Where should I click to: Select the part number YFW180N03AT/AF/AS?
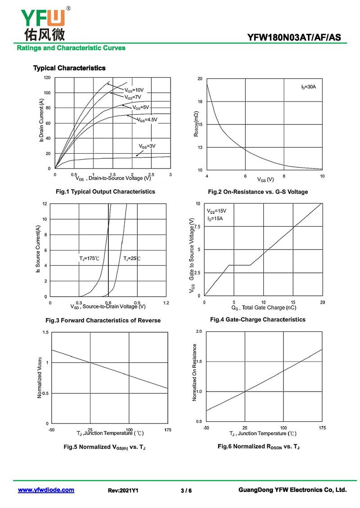click(297, 37)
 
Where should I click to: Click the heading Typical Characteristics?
click(69, 68)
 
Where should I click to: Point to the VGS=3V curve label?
click(147, 147)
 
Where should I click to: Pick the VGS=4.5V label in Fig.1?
click(148, 120)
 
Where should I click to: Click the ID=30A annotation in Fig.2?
click(309, 86)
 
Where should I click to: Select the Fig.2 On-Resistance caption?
click(258, 192)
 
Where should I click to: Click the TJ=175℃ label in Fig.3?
click(90, 258)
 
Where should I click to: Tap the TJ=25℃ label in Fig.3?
click(132, 258)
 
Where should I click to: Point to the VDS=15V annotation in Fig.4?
click(217, 211)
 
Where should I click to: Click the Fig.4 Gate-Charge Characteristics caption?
click(257, 320)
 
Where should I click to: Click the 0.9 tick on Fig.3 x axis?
click(137, 303)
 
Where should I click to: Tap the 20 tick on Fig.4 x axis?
click(322, 302)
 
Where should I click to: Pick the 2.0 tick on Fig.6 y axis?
click(199, 331)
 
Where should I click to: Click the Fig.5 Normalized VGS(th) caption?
click(104, 447)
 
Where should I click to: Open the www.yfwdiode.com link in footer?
click(46, 490)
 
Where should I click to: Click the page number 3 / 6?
click(186, 490)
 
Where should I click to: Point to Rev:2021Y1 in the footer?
click(123, 490)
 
